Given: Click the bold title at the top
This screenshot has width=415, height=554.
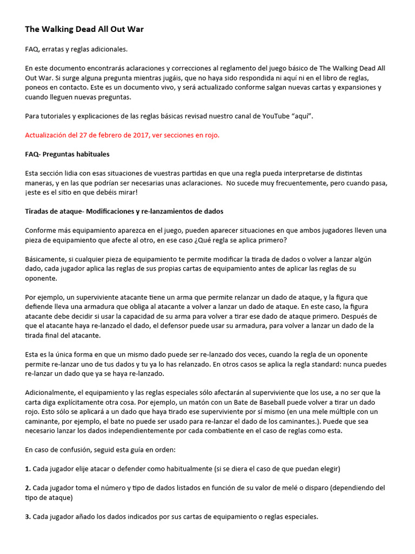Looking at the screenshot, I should point(84,29).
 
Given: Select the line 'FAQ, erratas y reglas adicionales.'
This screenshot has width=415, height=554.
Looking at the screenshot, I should point(76,49).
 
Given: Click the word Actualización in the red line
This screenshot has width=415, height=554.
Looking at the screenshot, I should point(48,135).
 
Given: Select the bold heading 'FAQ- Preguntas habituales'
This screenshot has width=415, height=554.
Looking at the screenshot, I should point(67,154).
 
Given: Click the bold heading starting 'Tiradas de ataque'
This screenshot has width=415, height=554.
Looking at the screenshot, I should point(124,211).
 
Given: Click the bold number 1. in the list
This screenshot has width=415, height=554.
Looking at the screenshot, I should point(28,469).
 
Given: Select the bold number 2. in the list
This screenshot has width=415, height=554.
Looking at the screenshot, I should point(28,487).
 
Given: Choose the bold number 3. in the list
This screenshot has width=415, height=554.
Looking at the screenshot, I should point(28,517).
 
